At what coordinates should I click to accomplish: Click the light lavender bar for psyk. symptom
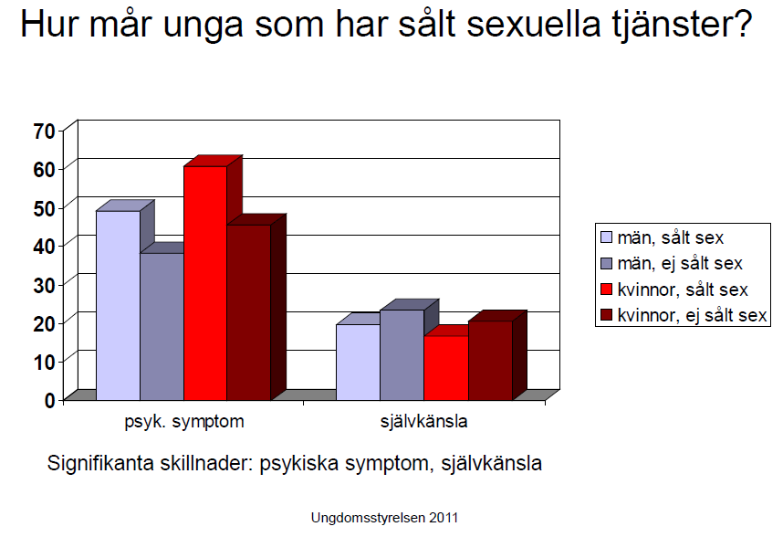(x=118, y=305)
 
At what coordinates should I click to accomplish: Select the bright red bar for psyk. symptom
(x=205, y=283)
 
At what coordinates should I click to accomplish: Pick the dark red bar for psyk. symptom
(x=249, y=312)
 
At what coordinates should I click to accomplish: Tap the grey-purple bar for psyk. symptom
(x=162, y=327)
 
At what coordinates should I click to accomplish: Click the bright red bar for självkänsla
(x=446, y=368)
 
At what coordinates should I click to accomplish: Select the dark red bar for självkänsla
(x=490, y=360)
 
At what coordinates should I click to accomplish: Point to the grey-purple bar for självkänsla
(x=402, y=354)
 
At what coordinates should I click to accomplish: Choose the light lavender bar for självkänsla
(x=358, y=363)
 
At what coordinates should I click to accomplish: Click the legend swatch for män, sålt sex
(x=606, y=237)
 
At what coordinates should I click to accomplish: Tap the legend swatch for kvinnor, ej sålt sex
(x=606, y=315)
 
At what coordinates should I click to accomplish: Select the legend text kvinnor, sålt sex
(x=683, y=290)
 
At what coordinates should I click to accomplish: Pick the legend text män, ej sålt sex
(x=680, y=264)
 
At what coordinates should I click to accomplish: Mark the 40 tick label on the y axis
(x=44, y=246)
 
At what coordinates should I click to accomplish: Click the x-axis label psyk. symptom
(x=184, y=422)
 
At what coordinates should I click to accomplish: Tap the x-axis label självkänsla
(x=424, y=421)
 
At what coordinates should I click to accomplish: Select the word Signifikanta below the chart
(x=100, y=464)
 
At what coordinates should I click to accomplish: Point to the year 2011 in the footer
(x=444, y=518)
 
